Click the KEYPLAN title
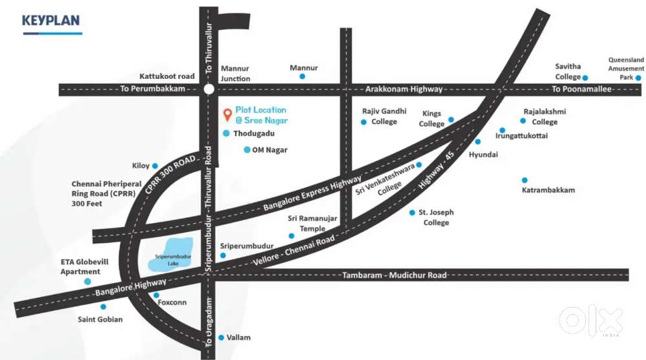(51, 21)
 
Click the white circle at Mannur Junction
(209, 89)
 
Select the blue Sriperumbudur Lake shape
(173, 253)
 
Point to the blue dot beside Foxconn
(156, 295)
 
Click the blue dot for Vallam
(221, 337)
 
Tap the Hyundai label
(483, 154)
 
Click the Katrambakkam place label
(548, 190)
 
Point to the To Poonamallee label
(581, 89)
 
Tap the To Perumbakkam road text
(152, 89)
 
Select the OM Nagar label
(269, 150)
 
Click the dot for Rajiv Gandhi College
(364, 122)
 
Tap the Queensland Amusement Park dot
(638, 77)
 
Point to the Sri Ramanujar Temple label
(313, 224)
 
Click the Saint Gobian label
(100, 319)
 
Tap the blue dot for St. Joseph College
(412, 212)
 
